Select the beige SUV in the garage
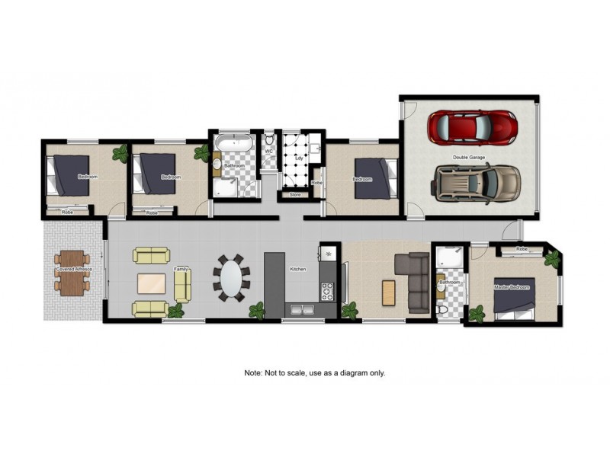point(477,183)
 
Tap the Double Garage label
point(469,158)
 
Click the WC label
point(268,152)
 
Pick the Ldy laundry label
point(299,158)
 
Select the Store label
point(295,195)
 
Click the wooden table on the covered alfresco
point(72,273)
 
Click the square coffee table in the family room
point(151,283)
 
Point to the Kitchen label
point(297,269)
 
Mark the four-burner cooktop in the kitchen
point(327,290)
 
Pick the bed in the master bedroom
point(516,298)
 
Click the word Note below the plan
point(253,373)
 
